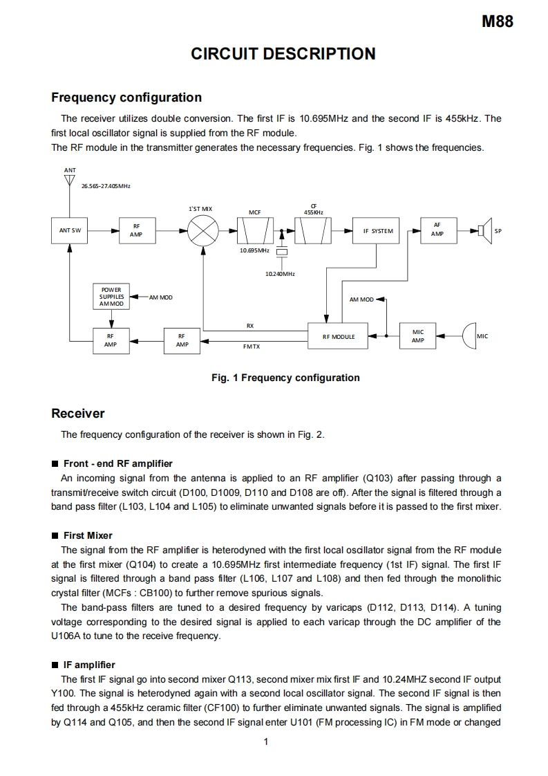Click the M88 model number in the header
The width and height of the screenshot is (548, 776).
(497, 21)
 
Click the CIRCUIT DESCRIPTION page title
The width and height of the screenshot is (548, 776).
(283, 54)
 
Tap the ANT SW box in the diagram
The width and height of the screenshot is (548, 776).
(69, 230)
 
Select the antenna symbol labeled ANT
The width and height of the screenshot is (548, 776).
(69, 181)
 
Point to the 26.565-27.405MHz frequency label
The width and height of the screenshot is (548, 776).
(106, 186)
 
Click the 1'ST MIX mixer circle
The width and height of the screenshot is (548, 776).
(203, 230)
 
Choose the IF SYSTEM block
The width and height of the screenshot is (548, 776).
(377, 231)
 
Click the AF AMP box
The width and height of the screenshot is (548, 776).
(437, 230)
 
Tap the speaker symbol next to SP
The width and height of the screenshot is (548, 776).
(484, 230)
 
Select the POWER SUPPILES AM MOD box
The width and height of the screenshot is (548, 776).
(111, 297)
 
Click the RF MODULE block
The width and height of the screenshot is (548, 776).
(339, 337)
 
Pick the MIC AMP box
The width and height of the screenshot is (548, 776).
(417, 336)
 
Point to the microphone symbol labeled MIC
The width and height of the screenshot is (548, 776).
(469, 336)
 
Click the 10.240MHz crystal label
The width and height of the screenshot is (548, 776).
(280, 274)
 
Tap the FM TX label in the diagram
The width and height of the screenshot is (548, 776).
(251, 346)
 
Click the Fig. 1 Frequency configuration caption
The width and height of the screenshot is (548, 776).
(285, 378)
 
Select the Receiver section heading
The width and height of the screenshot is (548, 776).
(78, 414)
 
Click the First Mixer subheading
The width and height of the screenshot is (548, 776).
(88, 535)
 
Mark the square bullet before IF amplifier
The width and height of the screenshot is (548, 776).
(55, 665)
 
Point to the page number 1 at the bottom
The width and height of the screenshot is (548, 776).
(266, 742)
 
